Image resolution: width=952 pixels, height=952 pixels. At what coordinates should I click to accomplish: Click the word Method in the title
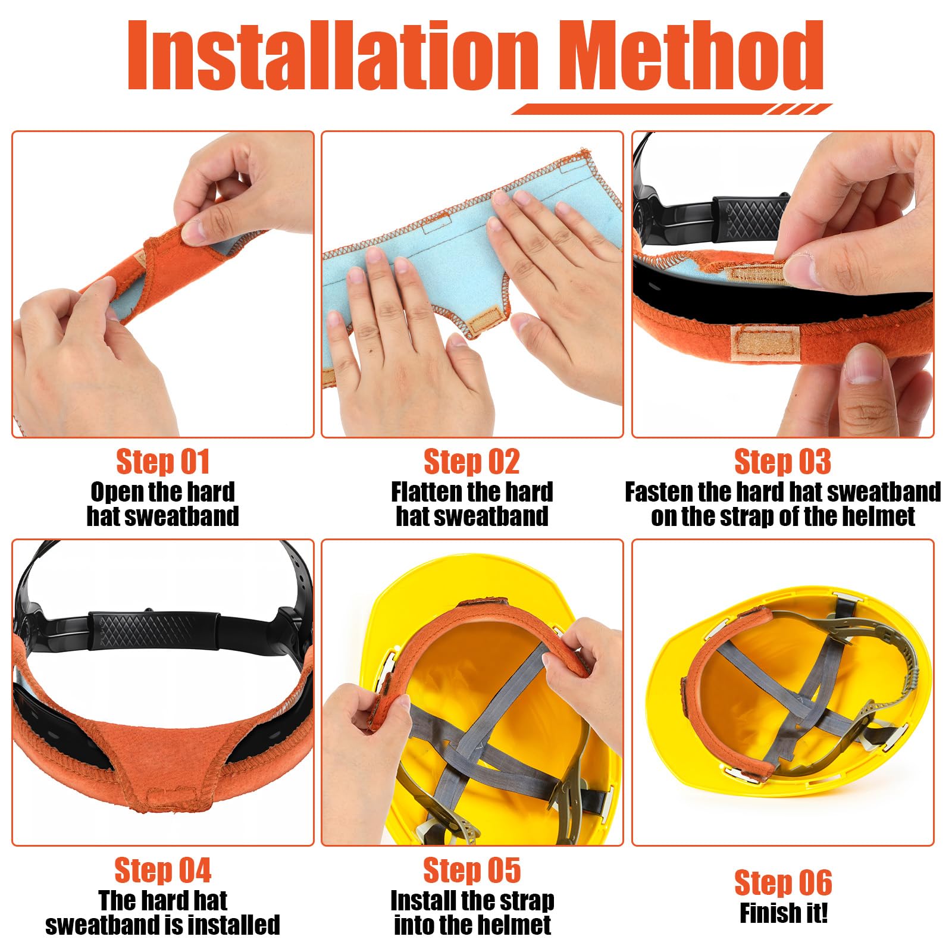click(693, 57)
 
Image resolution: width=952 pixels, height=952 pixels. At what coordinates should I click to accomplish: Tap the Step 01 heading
click(162, 462)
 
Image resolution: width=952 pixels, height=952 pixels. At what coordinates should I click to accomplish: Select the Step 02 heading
click(472, 462)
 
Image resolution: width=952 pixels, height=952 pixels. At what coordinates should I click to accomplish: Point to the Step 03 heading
click(782, 462)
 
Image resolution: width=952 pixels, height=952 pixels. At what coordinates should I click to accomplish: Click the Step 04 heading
click(162, 870)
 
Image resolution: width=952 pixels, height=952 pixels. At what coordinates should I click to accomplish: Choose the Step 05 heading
click(472, 870)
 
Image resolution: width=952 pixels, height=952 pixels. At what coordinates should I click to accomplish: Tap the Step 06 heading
click(782, 882)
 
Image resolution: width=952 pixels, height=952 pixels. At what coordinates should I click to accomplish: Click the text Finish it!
click(783, 913)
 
